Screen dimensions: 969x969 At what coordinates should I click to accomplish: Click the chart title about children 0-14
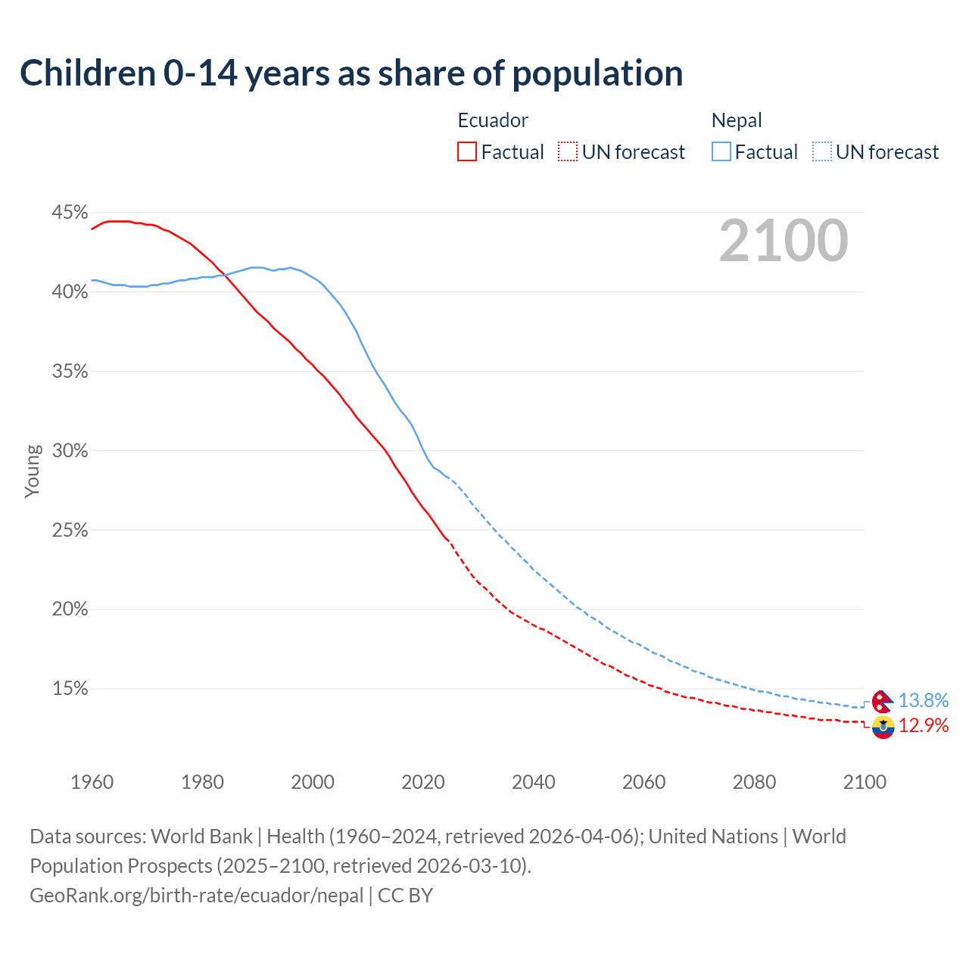pyautogui.click(x=351, y=73)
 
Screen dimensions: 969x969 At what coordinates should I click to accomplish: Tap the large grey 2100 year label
pyautogui.click(x=783, y=241)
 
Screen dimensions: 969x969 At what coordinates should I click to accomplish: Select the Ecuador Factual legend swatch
pyautogui.click(x=467, y=152)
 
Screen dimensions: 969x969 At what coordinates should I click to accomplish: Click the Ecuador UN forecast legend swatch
pyautogui.click(x=568, y=152)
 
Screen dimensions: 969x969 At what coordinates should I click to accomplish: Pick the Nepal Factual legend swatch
pyautogui.click(x=721, y=152)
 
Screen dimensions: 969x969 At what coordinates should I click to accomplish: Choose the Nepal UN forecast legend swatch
pyautogui.click(x=822, y=152)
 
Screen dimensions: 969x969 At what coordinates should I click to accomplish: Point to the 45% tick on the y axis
pyautogui.click(x=70, y=213)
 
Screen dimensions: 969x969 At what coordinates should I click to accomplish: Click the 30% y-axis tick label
pyautogui.click(x=70, y=451)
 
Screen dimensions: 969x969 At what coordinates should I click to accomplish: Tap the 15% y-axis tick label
pyautogui.click(x=70, y=689)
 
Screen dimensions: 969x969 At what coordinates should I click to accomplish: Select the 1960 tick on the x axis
pyautogui.click(x=92, y=782)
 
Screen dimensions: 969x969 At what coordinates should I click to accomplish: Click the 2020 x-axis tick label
pyautogui.click(x=423, y=782)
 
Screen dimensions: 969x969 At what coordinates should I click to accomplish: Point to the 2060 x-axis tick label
pyautogui.click(x=643, y=782)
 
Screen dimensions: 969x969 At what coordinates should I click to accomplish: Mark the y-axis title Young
pyautogui.click(x=32, y=471)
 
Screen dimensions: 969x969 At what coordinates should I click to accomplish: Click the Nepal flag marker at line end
pyautogui.click(x=883, y=701)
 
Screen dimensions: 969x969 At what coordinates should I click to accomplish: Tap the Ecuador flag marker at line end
pyautogui.click(x=883, y=728)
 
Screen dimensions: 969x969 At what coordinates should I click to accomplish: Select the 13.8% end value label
pyautogui.click(x=923, y=701)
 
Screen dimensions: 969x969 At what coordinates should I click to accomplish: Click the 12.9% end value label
pyautogui.click(x=923, y=726)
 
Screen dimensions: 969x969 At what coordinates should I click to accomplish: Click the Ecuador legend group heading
pyautogui.click(x=493, y=120)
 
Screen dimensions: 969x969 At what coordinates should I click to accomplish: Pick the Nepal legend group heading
pyautogui.click(x=737, y=120)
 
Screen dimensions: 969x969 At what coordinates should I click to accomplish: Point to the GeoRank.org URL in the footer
pyautogui.click(x=197, y=896)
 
